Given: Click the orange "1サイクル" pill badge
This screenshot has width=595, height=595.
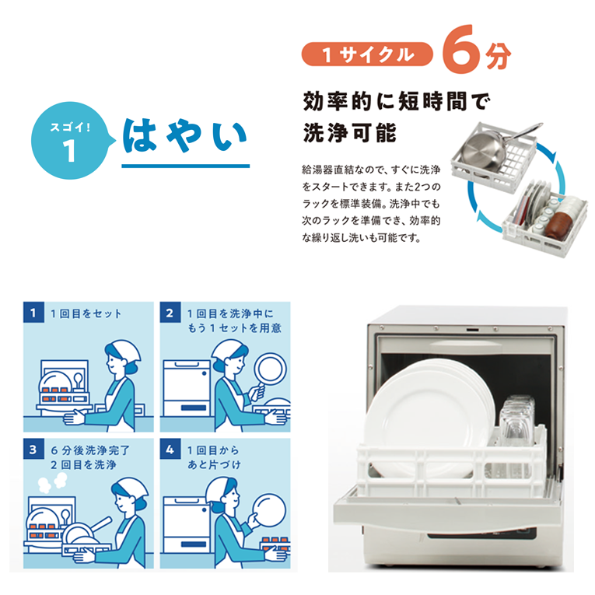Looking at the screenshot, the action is (x=367, y=54).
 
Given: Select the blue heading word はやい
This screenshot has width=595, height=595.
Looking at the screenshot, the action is (x=185, y=136).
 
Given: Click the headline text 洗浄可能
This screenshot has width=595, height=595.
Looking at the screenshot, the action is (x=350, y=133).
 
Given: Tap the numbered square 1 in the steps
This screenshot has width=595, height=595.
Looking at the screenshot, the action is (x=33, y=313).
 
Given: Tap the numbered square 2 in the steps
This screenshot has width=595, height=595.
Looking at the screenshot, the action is (x=170, y=313).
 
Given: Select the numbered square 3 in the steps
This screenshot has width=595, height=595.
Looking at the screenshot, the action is (x=33, y=449).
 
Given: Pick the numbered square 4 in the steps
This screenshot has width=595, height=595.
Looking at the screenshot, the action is (x=170, y=449).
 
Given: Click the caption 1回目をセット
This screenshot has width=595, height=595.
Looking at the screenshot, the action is (x=86, y=313).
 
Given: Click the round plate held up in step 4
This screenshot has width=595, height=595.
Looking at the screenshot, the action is (x=268, y=510).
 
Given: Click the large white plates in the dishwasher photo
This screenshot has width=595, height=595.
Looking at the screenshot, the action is (x=429, y=411).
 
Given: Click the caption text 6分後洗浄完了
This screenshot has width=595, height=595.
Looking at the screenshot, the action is (x=90, y=450).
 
